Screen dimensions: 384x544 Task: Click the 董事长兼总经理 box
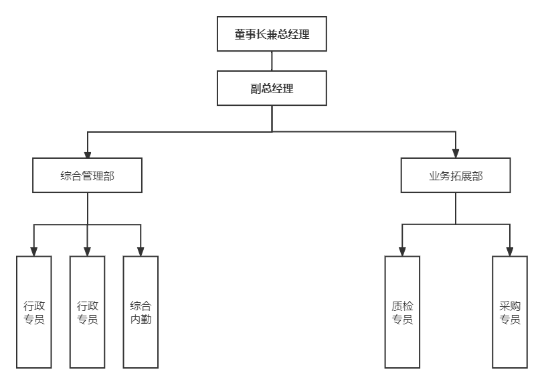[x=272, y=35]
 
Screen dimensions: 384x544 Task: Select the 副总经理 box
[x=272, y=88]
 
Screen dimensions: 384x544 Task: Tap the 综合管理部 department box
[x=88, y=176]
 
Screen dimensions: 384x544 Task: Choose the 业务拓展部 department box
[x=456, y=176]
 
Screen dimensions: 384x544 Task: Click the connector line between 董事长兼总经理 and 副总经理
[x=272, y=61]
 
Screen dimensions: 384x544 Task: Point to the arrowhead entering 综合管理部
[x=88, y=153]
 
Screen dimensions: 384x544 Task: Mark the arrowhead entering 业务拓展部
[x=456, y=153]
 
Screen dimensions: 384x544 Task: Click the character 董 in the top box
[x=240, y=35]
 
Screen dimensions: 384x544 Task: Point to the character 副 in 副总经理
[x=256, y=88]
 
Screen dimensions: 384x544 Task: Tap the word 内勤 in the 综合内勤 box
[x=141, y=319]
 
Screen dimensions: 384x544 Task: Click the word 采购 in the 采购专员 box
[x=510, y=306]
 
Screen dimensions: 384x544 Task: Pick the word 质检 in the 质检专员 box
[x=402, y=306]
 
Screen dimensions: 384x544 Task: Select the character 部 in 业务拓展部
[x=477, y=176]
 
